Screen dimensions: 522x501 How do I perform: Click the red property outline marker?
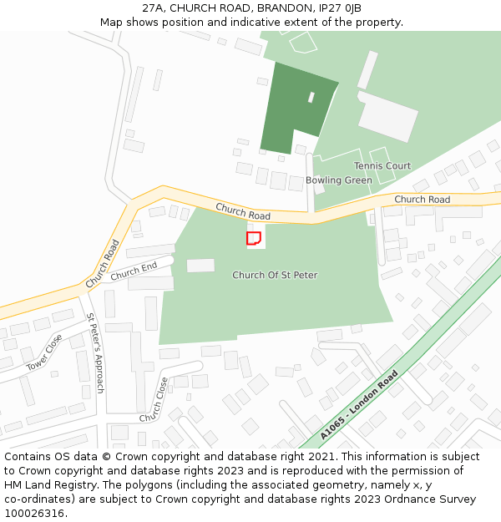pyautogui.click(x=254, y=238)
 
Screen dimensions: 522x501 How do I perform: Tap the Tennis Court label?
pyautogui.click(x=382, y=166)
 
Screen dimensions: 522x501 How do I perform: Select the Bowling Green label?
pyautogui.click(x=338, y=180)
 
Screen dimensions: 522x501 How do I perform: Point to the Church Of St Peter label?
pyautogui.click(x=275, y=275)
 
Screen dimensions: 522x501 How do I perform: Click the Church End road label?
pyautogui.click(x=134, y=271)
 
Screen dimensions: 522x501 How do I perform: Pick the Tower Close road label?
pyautogui.click(x=43, y=352)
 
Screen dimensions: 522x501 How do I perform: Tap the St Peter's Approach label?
pyautogui.click(x=95, y=352)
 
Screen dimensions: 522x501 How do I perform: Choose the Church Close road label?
pyautogui.click(x=154, y=398)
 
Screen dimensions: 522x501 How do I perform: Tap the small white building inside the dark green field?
pyautogui.click(x=311, y=97)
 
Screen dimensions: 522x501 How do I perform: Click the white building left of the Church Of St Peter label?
pyautogui.click(x=200, y=265)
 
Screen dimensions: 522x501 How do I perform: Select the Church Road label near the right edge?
pyautogui.click(x=422, y=200)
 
